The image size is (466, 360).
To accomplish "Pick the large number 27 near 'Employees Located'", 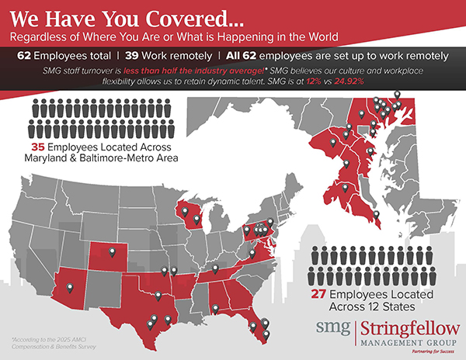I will point(322,296).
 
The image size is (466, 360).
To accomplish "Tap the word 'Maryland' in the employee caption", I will point(54,159).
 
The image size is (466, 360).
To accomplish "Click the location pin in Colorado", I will point(118,254).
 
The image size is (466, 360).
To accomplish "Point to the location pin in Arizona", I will point(71,289).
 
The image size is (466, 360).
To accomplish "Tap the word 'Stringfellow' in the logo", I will point(407,325).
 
